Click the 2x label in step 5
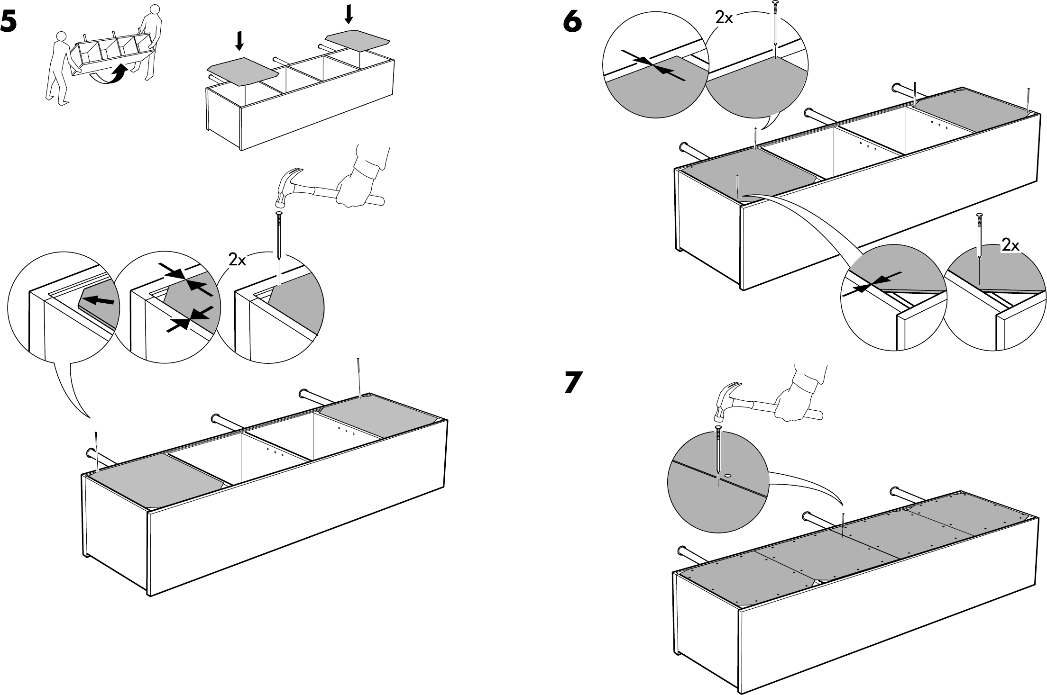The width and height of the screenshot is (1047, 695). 237,260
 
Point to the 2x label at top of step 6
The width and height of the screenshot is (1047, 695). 724,18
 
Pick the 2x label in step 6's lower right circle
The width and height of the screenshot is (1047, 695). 1010,245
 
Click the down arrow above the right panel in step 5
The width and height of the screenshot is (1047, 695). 349,13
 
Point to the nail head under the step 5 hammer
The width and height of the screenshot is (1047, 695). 278,215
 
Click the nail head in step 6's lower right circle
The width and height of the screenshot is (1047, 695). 978,216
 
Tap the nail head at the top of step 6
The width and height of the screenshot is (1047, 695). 775,3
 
